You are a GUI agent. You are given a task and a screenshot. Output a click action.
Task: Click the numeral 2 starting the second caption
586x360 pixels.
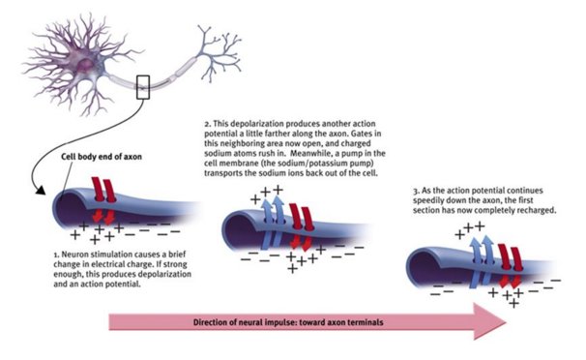(x=207, y=126)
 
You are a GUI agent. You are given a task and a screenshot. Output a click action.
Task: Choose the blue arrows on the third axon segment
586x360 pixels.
(x=482, y=255)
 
